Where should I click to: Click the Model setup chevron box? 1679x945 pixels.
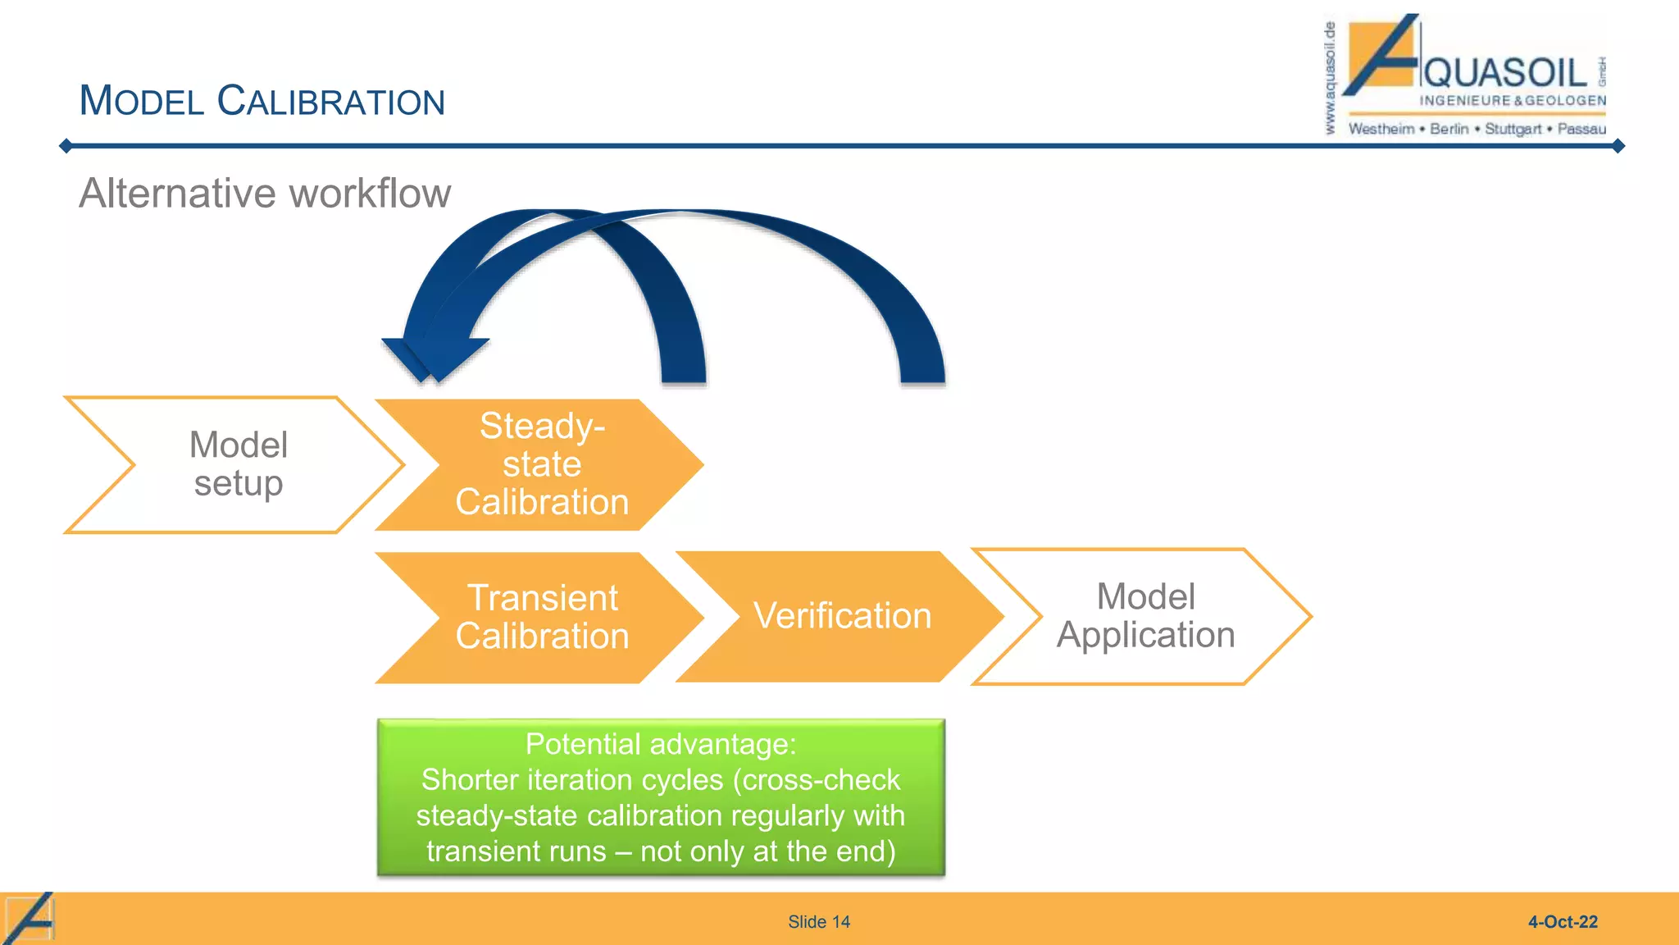pos(238,464)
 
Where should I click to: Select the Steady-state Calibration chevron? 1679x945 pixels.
pos(541,464)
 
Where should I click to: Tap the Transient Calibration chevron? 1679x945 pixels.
pos(541,617)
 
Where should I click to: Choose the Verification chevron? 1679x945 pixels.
pos(842,616)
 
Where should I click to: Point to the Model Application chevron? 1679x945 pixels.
pos(1145,616)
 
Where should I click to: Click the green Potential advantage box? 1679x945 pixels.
pos(661,797)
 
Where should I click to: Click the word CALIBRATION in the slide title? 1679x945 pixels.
pos(330,101)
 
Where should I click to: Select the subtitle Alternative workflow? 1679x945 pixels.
pos(265,194)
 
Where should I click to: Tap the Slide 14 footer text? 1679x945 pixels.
pos(819,922)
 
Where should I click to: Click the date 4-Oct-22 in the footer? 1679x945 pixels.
pos(1563,922)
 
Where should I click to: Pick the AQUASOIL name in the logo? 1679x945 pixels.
pos(1505,72)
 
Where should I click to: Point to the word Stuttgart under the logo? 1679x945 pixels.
pos(1513,129)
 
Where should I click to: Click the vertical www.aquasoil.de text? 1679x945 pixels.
pos(1330,78)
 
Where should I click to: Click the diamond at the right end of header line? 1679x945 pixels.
pos(1618,146)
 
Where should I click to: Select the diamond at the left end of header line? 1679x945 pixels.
pos(66,146)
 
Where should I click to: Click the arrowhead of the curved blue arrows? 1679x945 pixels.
pos(435,358)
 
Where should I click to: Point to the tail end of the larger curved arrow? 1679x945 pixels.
pos(922,373)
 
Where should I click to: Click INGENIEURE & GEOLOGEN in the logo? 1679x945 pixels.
pos(1513,100)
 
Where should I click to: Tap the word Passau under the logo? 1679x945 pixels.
pos(1581,129)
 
